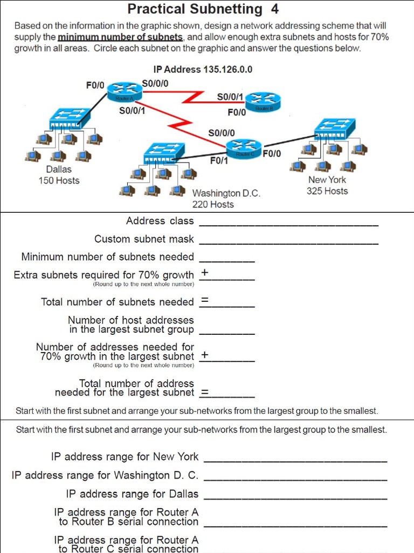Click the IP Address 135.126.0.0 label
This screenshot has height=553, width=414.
tap(203, 70)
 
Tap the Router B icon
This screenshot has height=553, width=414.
tap(263, 101)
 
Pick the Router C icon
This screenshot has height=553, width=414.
tap(244, 147)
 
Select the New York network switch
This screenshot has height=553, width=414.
tap(335, 128)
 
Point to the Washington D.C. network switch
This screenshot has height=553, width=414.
tap(164, 152)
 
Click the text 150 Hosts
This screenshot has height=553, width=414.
tap(59, 180)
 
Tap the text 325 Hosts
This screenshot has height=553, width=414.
tap(327, 191)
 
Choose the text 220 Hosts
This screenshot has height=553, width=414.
tap(213, 204)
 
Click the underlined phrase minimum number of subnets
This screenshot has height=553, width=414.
tap(121, 37)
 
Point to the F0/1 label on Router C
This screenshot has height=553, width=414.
tap(219, 160)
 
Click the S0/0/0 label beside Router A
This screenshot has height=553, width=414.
tap(155, 83)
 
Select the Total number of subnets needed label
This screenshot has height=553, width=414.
tap(117, 302)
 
